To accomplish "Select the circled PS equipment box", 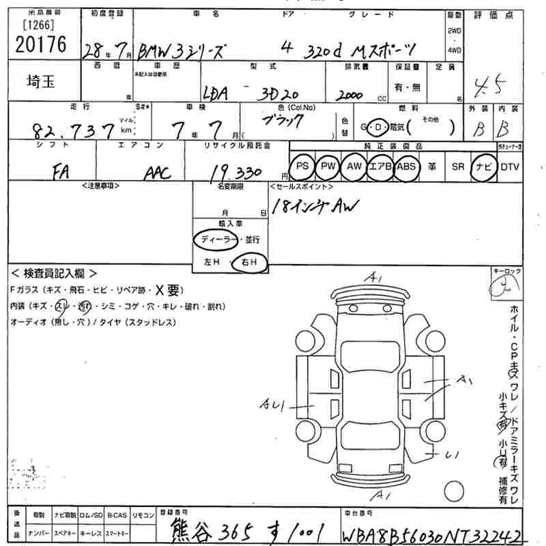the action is point(302,166).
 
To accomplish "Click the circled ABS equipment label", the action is point(406,166).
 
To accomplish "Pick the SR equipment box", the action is point(457,166).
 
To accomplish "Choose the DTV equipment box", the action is point(509,166).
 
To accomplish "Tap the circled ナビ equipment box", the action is point(484,166).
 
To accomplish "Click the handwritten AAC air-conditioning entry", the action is point(158,173).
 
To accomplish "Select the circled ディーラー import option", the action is point(216,240).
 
